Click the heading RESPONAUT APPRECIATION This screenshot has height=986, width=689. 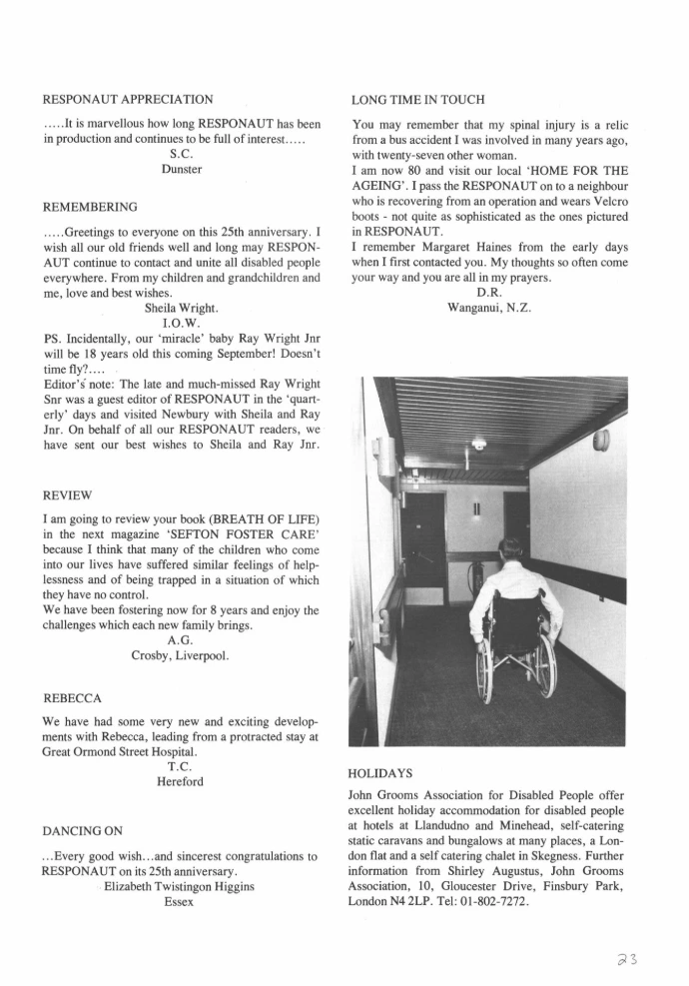[x=128, y=99]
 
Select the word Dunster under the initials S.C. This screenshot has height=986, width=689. [x=181, y=169]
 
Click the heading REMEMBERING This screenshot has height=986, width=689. [x=90, y=207]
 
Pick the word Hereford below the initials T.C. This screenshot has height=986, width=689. [x=180, y=781]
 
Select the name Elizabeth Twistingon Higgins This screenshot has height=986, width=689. [x=181, y=886]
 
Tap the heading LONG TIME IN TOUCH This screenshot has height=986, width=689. [x=417, y=99]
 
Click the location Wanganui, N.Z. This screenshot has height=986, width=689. [x=489, y=309]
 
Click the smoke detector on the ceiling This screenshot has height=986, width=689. [x=479, y=444]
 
